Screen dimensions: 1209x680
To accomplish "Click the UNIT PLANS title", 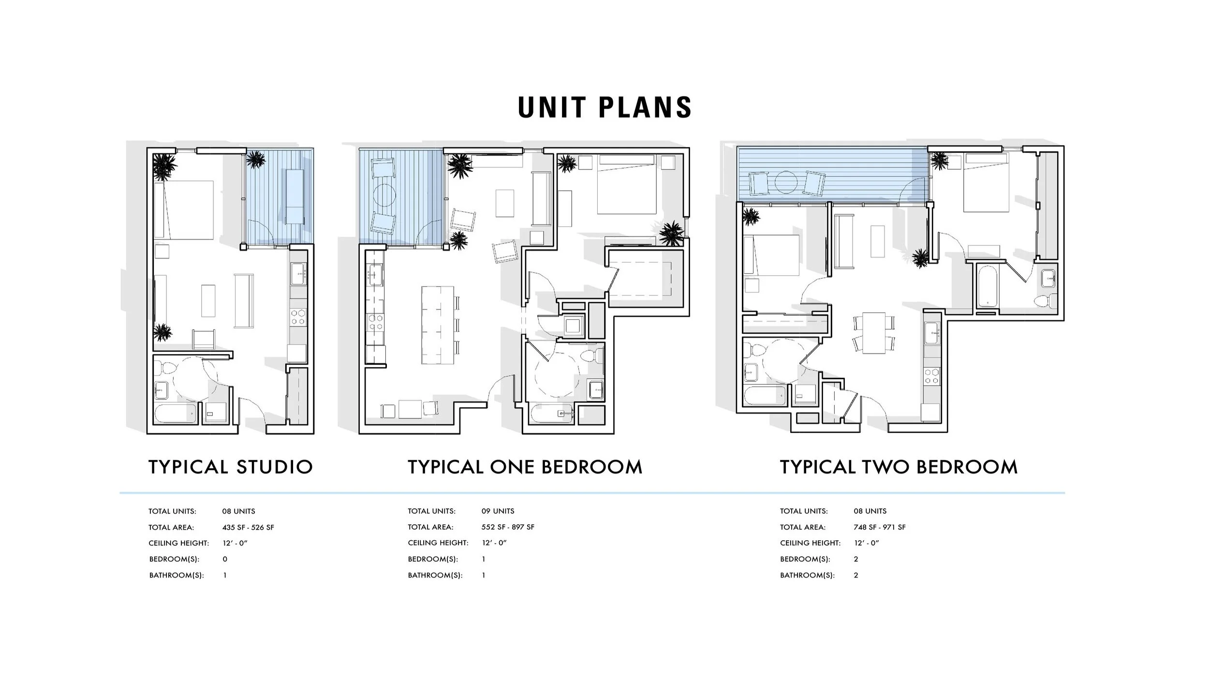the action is point(604,107).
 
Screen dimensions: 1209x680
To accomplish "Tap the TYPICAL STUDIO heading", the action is point(231,467).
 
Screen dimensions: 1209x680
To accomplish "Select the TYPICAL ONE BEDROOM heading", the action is point(525,467).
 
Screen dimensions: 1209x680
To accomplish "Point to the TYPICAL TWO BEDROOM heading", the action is point(899,467).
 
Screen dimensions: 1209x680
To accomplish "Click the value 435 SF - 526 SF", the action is point(248,528).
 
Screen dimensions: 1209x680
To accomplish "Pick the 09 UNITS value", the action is point(498,511).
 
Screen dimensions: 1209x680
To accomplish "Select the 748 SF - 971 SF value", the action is point(880,528).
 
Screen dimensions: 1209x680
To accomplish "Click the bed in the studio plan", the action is point(184,210).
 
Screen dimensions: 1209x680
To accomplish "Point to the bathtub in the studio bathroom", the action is point(176,414).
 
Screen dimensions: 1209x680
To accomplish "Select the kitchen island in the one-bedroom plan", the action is point(438,325).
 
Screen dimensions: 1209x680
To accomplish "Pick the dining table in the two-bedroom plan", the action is point(874,333).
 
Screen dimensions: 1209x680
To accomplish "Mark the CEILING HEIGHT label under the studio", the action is point(178,544).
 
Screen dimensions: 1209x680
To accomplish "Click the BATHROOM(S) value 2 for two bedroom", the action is point(856,576).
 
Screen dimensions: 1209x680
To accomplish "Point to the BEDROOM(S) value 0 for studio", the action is point(225,560).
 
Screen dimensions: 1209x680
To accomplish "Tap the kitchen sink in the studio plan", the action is point(298,274).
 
